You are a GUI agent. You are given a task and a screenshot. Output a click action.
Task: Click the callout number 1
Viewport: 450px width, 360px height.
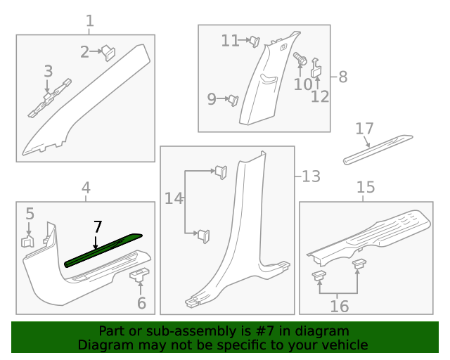(x=90, y=22)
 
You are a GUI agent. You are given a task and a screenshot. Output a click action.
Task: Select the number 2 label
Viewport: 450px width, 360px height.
(x=85, y=51)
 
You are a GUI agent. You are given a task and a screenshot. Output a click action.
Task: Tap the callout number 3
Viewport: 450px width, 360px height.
(x=48, y=71)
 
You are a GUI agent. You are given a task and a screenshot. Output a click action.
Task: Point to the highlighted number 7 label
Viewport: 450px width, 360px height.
(x=98, y=226)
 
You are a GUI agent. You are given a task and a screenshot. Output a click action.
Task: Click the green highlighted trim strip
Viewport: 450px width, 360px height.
(x=102, y=250)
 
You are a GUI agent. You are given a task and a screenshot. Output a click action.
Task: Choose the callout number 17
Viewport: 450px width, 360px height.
(x=364, y=129)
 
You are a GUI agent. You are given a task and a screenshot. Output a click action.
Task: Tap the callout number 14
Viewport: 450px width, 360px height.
(x=174, y=199)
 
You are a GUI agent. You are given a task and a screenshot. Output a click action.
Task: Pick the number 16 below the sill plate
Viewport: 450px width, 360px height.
(x=339, y=307)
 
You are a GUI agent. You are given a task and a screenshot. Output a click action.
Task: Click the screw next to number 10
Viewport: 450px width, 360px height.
(x=301, y=61)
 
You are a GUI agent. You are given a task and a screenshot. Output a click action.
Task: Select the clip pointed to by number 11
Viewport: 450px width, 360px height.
(x=255, y=41)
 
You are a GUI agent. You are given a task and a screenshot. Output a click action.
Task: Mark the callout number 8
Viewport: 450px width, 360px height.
(x=342, y=77)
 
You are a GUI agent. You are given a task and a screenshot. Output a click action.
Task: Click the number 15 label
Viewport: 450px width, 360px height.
(x=366, y=187)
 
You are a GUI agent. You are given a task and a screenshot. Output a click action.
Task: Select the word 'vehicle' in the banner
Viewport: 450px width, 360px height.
(x=345, y=345)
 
